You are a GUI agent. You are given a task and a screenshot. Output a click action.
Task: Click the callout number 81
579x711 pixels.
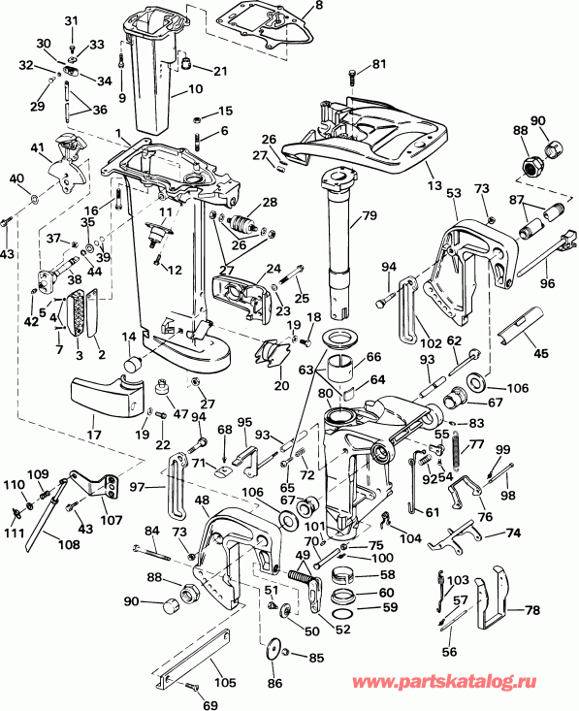tap(378, 65)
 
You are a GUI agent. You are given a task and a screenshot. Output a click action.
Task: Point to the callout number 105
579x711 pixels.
tap(224, 682)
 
